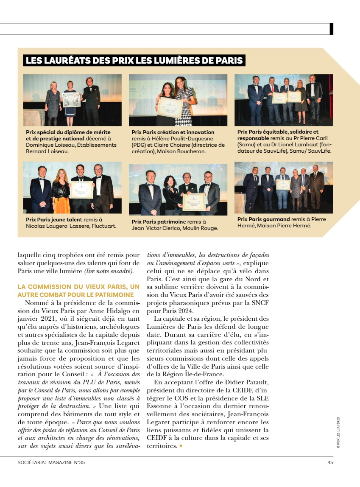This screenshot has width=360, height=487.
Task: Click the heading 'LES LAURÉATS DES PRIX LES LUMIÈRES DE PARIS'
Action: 134,60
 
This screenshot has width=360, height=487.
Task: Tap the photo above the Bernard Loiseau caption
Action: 72,100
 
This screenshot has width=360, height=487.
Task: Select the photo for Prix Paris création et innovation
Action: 178,100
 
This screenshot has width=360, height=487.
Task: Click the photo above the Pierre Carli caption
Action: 284,100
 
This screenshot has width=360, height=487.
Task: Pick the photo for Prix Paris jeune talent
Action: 72,188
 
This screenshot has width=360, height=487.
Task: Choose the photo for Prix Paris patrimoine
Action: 178,189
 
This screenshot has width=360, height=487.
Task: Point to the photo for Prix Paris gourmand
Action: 284,187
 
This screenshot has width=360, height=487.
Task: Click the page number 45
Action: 330,463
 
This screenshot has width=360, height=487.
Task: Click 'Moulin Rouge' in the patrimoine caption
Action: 202,228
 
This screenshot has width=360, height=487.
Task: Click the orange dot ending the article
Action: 181,446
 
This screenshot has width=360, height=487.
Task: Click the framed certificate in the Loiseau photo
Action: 71,100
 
